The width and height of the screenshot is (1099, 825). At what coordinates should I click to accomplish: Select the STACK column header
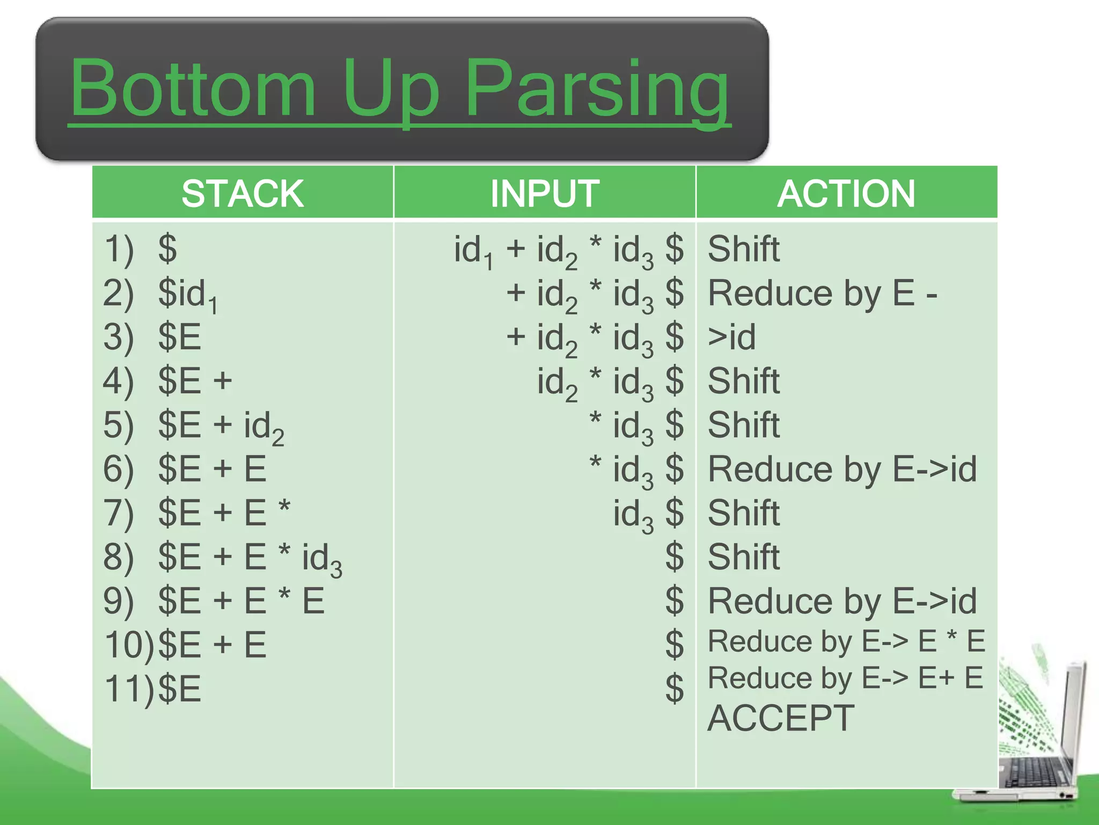click(x=243, y=193)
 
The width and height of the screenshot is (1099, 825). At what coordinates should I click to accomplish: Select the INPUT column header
click(x=545, y=193)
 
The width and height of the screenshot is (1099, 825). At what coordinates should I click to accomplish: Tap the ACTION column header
click(x=846, y=193)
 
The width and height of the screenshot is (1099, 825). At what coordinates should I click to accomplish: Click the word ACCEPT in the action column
click(x=781, y=718)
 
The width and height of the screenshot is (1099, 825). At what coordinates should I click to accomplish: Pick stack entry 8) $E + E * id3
click(x=223, y=558)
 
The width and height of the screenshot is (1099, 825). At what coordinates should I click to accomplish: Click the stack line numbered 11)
click(x=153, y=689)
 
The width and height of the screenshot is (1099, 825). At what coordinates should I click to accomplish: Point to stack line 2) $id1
click(x=161, y=294)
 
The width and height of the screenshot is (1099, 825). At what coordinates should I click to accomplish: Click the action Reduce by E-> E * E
click(x=846, y=641)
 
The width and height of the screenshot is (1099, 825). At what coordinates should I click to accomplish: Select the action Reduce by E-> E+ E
click(x=845, y=678)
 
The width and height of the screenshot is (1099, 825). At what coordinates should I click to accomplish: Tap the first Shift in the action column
click(x=744, y=249)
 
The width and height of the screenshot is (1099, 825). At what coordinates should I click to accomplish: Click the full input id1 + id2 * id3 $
click(x=569, y=250)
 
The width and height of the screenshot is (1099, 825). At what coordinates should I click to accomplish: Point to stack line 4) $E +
click(x=168, y=381)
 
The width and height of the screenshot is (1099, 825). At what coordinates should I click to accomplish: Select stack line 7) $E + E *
click(x=197, y=513)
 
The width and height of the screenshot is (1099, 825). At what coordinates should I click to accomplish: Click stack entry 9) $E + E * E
click(x=214, y=601)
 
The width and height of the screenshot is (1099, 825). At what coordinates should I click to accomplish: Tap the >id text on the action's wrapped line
click(x=732, y=337)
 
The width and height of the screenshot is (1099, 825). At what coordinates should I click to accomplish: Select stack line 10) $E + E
click(x=185, y=645)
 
